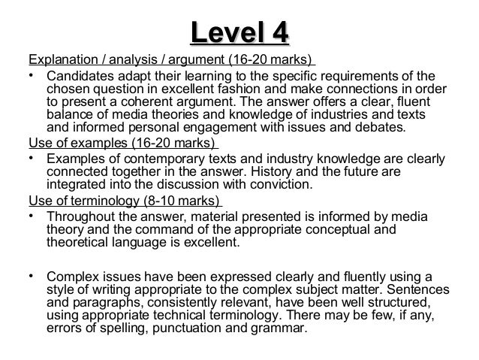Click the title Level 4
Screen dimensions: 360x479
click(x=239, y=33)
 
